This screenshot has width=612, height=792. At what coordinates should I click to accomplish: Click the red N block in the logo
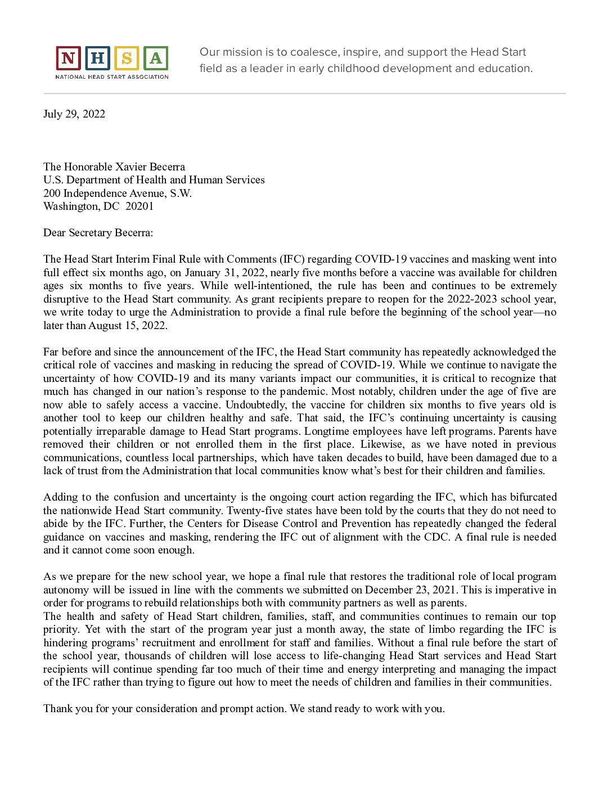tap(68, 58)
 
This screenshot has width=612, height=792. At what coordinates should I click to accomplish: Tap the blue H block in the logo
tap(97, 58)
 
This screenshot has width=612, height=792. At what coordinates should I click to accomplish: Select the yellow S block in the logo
tap(127, 58)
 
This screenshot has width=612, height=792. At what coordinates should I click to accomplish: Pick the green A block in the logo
tap(156, 58)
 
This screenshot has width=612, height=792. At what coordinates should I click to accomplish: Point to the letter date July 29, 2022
tap(74, 114)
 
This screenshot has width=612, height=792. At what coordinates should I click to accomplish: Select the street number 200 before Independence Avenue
tap(52, 193)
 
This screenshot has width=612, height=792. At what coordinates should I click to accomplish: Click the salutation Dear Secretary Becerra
tap(98, 233)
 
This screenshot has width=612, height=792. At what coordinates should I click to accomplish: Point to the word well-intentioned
tap(272, 286)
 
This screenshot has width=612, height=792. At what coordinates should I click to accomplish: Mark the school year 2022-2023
tap(472, 299)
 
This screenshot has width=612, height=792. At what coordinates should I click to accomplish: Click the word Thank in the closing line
tap(58, 709)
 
